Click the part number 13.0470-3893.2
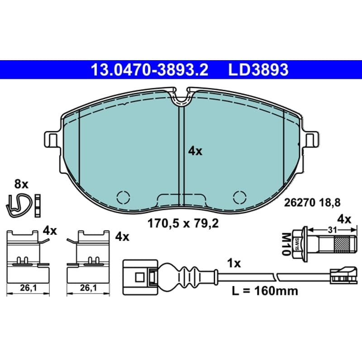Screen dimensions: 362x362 [150, 70]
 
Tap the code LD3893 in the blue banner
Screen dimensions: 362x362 [258, 70]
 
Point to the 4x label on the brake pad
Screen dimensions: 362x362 [195, 152]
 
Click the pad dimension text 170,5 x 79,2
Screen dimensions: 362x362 [183, 224]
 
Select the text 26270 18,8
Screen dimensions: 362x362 [312, 203]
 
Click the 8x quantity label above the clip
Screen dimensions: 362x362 [21, 185]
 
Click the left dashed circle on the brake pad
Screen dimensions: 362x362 [123, 198]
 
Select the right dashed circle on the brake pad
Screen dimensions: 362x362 [240, 198]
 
